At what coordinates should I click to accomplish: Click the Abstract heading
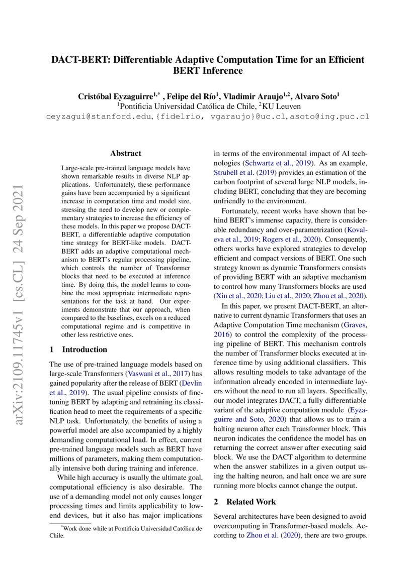[126, 154]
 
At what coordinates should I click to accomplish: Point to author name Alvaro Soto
[317, 96]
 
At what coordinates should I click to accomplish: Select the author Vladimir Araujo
[253, 96]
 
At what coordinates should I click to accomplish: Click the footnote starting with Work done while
[126, 532]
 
